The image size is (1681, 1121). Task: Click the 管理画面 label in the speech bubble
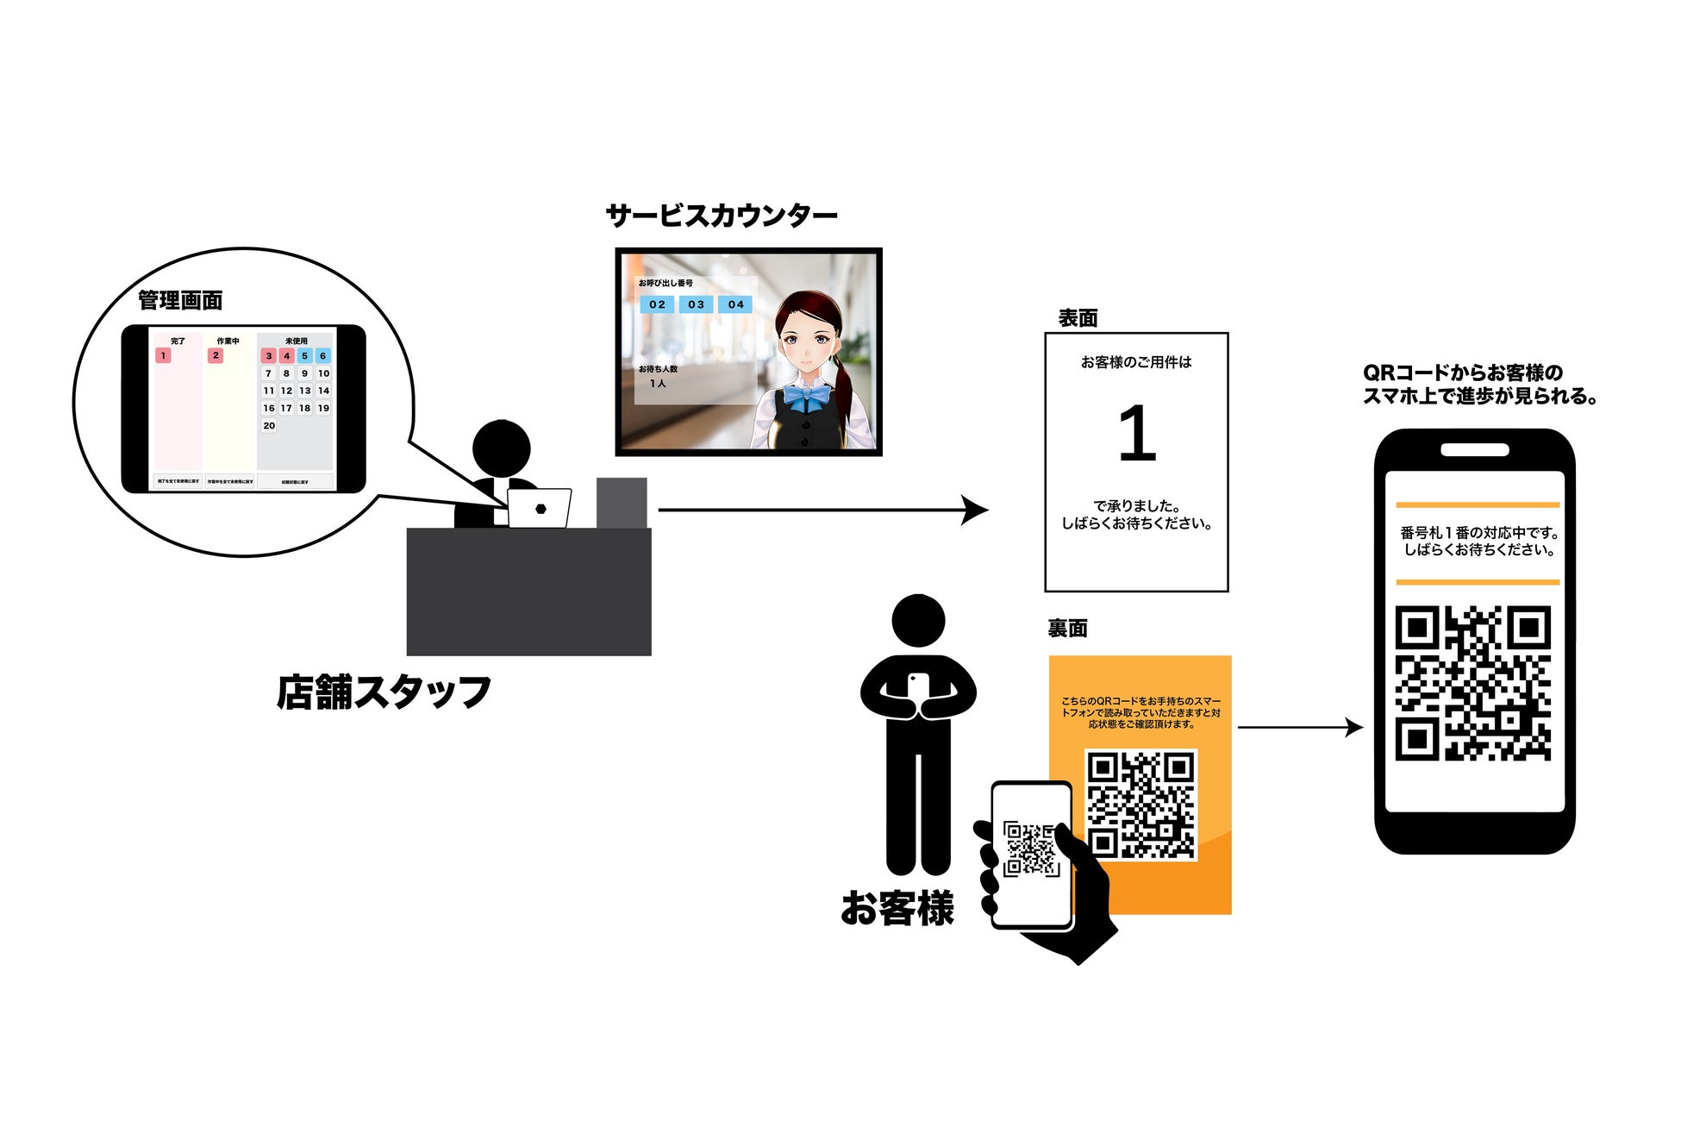[180, 300]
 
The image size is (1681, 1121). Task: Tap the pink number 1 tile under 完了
[163, 355]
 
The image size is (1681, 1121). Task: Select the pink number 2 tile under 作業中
[216, 355]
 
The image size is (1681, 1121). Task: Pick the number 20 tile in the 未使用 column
[269, 425]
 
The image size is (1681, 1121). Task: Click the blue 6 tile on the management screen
[323, 355]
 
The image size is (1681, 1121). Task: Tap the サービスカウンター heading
[722, 215]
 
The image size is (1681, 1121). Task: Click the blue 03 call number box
[696, 304]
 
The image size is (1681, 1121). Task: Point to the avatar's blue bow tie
[805, 398]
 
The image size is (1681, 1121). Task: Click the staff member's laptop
[540, 508]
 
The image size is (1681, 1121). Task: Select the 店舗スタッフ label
[384, 692]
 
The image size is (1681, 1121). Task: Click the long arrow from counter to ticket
[819, 510]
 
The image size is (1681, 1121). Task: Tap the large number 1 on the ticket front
[1136, 434]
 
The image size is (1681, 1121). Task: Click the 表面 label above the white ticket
[1078, 318]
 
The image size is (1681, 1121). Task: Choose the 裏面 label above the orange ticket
[1067, 629]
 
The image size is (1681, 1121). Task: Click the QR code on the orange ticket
[1140, 805]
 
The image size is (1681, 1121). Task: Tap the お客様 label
[897, 908]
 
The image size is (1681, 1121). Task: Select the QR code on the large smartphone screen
[1473, 683]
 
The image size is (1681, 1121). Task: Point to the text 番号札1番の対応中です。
[1479, 533]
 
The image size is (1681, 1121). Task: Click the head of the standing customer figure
[918, 620]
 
